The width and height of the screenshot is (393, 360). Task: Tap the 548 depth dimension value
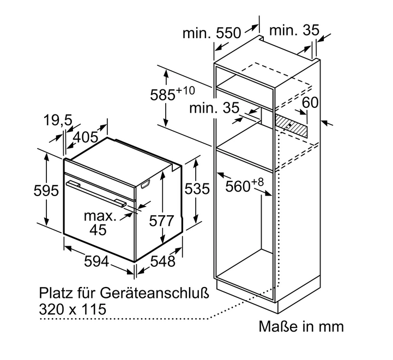[163, 261]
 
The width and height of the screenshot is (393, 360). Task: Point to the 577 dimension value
[161, 221]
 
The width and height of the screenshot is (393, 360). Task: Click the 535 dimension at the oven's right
[197, 189]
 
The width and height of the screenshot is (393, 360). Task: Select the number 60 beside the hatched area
[310, 102]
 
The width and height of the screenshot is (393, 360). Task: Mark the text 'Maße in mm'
[301, 326]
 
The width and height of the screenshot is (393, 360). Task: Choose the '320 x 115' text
[72, 309]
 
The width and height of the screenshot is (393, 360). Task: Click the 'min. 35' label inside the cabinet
[214, 108]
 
